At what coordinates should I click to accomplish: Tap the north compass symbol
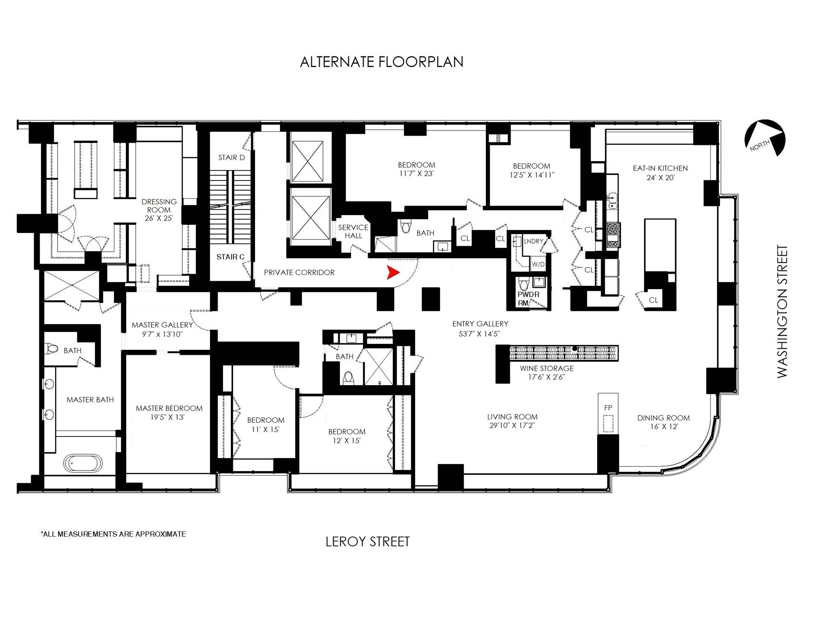pos(765,138)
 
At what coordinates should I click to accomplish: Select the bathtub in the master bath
pos(83,462)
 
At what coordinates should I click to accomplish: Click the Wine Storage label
pos(546,368)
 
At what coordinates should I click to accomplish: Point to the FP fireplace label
pos(608,408)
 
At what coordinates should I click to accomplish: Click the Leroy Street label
pos(367,542)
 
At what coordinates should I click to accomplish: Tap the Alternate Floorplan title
pos(381,62)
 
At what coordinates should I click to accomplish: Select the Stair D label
pos(232,157)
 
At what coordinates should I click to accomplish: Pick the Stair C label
pos(230,257)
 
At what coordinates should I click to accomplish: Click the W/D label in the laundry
pos(538,264)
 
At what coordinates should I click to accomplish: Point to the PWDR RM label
pos(529,299)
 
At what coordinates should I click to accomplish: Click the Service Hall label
pos(353,232)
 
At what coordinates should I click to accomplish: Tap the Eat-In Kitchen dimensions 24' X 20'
pos(660,177)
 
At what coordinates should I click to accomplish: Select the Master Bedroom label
pos(169,408)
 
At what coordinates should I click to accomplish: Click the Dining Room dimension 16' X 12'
pos(664,427)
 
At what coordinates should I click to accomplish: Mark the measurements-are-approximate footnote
pos(113,534)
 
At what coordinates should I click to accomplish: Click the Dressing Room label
pos(159,206)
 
